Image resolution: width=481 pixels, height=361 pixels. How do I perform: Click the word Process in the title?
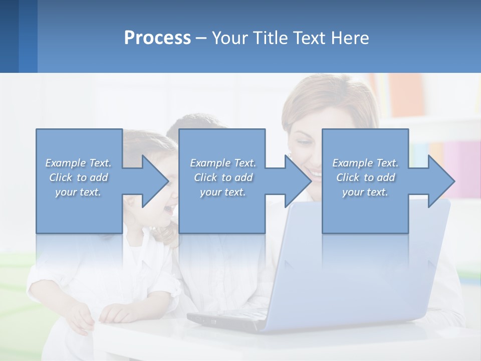157,38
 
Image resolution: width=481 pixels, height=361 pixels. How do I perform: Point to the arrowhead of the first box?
155,181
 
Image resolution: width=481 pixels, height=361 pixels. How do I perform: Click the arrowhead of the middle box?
299,181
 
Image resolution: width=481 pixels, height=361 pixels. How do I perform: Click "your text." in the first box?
78,192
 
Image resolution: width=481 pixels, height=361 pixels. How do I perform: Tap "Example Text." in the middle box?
223,163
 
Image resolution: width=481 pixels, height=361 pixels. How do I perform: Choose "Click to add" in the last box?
366,177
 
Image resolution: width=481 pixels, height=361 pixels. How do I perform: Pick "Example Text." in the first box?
78,163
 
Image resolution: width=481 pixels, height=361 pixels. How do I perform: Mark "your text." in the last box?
365,192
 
